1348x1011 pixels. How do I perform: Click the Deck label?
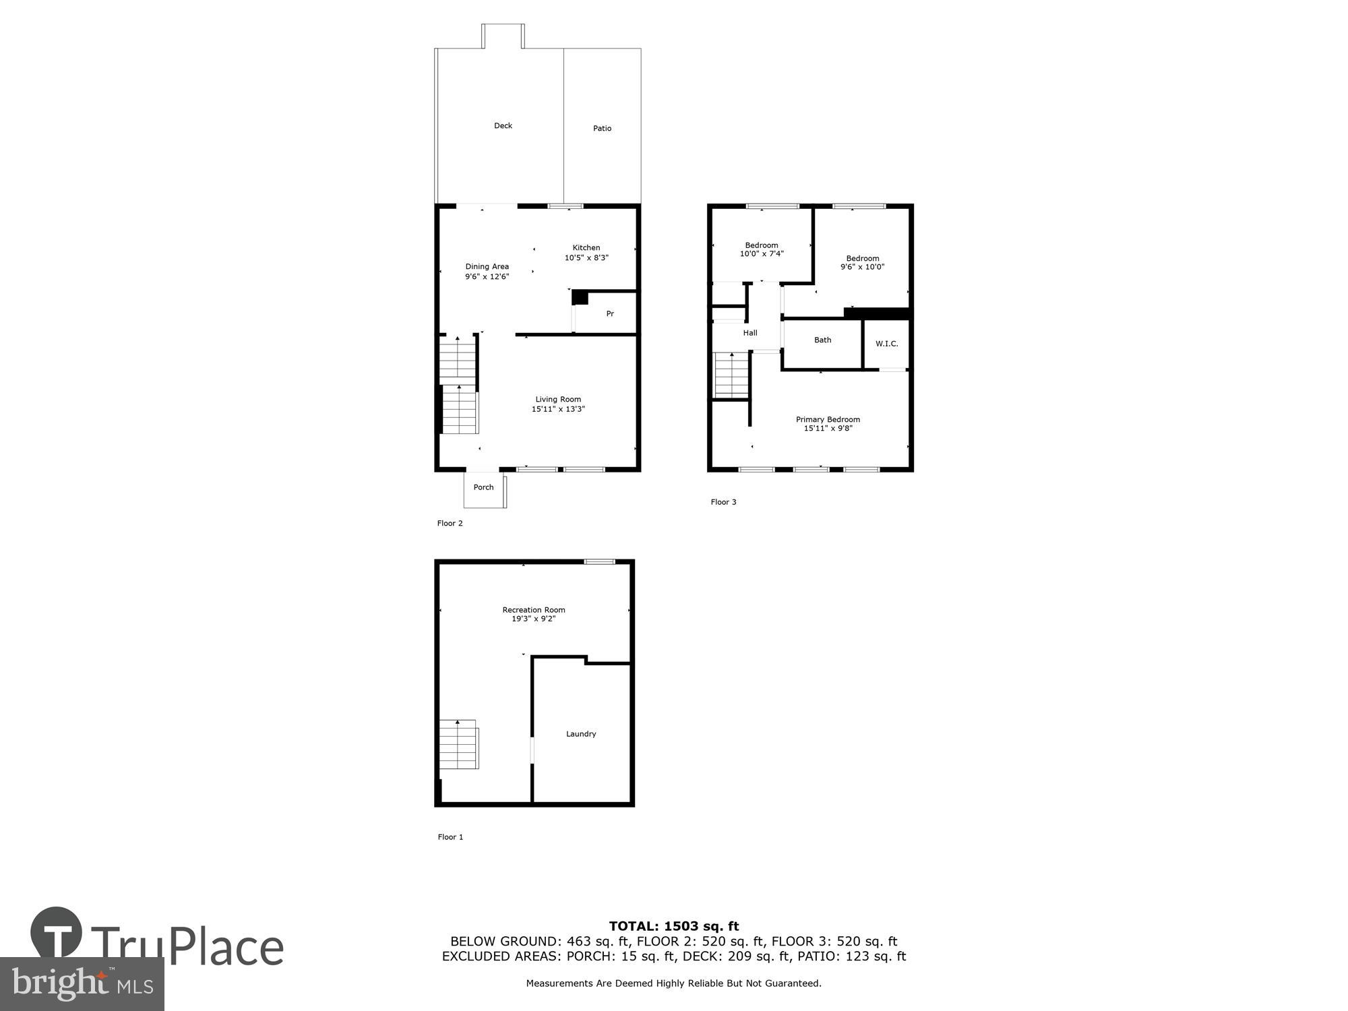tap(503, 126)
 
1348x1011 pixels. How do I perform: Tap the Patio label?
tap(602, 129)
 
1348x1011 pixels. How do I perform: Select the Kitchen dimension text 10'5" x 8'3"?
tap(586, 257)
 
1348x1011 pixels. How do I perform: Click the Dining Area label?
tap(487, 267)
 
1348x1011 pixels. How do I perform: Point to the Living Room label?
tap(558, 400)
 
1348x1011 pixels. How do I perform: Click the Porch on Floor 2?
tap(483, 488)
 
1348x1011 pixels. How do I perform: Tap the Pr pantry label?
tap(610, 314)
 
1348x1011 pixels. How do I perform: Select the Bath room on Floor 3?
tap(822, 340)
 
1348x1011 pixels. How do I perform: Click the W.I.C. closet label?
tap(886, 344)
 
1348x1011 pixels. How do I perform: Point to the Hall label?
tap(750, 333)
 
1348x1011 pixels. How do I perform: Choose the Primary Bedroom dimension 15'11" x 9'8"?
tap(828, 429)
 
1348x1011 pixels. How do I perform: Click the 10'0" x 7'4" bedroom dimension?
tap(762, 254)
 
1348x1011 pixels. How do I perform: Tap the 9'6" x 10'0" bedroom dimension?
tap(862, 267)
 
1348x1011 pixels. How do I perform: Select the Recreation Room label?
tap(534, 610)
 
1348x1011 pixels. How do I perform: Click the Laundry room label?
tap(581, 734)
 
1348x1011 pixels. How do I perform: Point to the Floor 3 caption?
tap(723, 502)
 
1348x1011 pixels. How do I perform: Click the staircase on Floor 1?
tap(458, 744)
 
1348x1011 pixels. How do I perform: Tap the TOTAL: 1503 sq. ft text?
tap(674, 926)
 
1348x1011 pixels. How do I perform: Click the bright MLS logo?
tap(82, 984)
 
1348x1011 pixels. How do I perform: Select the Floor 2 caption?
tap(450, 524)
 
